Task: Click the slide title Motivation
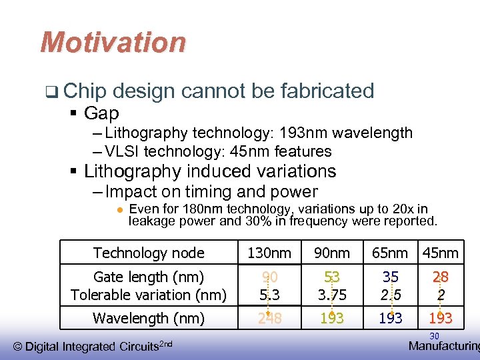tap(113, 43)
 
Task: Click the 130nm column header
tap(269, 253)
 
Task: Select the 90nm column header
tap(331, 253)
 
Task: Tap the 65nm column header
tap(390, 253)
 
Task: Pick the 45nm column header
tap(440, 253)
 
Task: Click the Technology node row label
tap(149, 253)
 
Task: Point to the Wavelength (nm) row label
tap(149, 319)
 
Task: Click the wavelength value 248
tap(269, 319)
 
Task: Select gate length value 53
tap(331, 277)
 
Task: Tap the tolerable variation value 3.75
tap(331, 295)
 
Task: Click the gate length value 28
tap(440, 277)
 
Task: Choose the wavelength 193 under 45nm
tap(440, 319)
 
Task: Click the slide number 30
tap(434, 336)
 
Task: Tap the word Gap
tap(101, 113)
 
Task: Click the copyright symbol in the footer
tap(18, 346)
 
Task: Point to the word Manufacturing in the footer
tap(443, 346)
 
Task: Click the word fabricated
tap(327, 91)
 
